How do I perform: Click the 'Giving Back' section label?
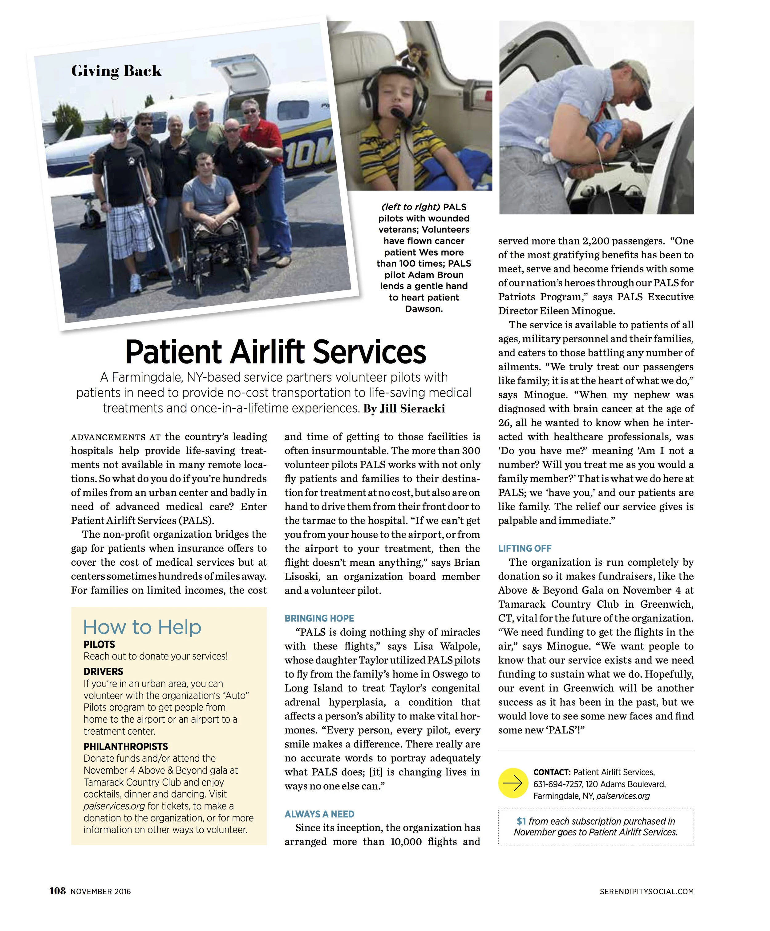coord(116,71)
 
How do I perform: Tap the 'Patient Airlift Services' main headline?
coord(276,352)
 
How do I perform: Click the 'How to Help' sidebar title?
coord(142,627)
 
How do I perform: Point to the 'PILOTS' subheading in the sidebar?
coord(99,644)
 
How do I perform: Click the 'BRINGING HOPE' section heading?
coord(319,618)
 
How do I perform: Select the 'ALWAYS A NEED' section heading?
coord(319,814)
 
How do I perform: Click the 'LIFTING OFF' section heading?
coord(525,548)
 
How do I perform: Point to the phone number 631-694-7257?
coord(557,784)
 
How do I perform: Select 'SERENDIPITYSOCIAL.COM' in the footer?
coord(646,892)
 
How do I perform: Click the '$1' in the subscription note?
coord(521,821)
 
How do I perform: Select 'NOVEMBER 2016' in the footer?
coord(101,892)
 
